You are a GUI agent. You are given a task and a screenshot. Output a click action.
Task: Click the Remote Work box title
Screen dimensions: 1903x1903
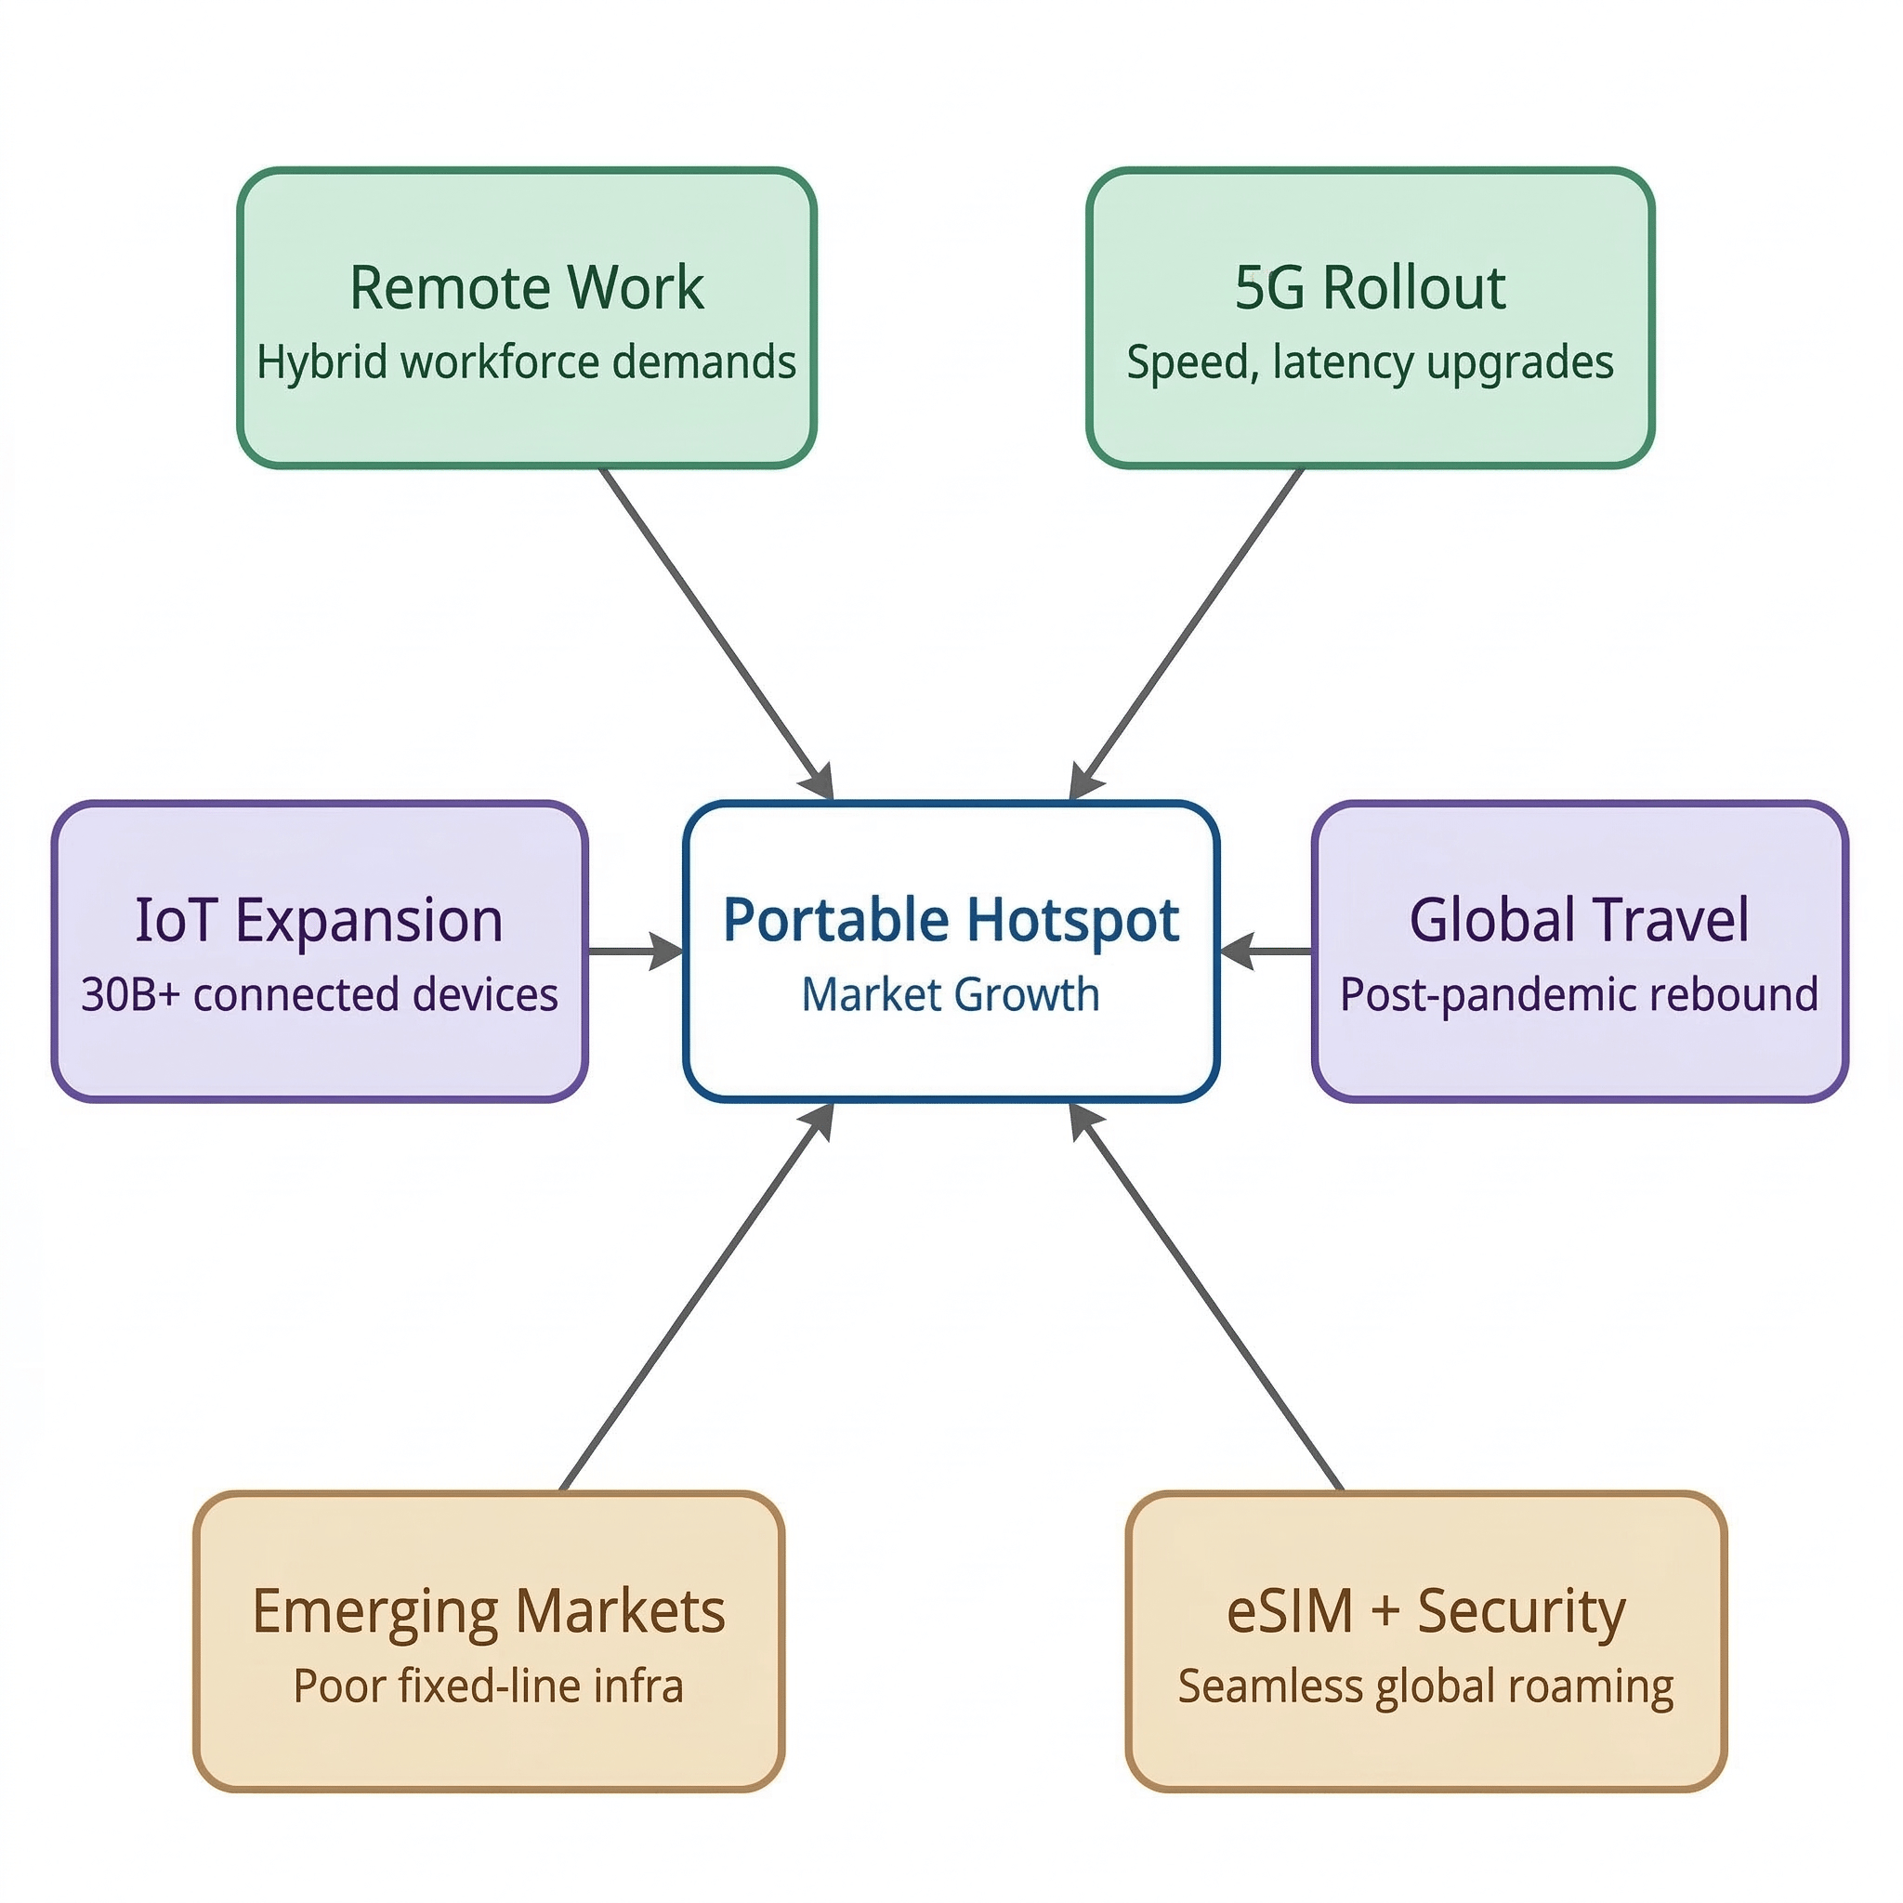(x=527, y=288)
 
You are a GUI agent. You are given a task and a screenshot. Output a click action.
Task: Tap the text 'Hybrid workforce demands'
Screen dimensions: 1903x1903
(x=527, y=362)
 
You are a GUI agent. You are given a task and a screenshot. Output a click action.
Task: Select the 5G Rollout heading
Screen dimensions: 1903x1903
(x=1371, y=288)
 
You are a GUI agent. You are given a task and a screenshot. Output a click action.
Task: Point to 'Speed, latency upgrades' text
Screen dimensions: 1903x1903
(x=1371, y=362)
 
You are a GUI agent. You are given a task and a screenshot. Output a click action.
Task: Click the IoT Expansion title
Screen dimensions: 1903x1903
(x=319, y=920)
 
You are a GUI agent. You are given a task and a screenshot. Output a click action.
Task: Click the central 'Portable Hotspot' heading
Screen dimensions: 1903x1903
(x=951, y=920)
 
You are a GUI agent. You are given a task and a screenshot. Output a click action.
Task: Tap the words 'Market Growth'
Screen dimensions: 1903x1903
(x=951, y=995)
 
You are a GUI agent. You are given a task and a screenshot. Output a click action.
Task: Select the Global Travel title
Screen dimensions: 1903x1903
(x=1579, y=920)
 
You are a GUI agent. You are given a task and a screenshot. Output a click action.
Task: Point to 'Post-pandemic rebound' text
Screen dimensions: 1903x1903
(x=1579, y=995)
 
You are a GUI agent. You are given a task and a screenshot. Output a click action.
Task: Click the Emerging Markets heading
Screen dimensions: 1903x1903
(x=489, y=1611)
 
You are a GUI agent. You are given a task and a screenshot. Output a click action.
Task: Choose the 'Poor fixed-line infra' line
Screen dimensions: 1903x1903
(x=489, y=1686)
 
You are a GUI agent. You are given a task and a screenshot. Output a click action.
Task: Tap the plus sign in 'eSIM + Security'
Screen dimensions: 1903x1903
(x=1385, y=1611)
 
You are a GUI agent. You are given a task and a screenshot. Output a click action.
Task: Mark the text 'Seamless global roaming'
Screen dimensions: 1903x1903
(x=1425, y=1686)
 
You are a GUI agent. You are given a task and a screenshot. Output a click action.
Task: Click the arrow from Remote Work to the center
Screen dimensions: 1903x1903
(x=717, y=630)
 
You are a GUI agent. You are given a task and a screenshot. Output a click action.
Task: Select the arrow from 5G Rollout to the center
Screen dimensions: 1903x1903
(x=1187, y=630)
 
